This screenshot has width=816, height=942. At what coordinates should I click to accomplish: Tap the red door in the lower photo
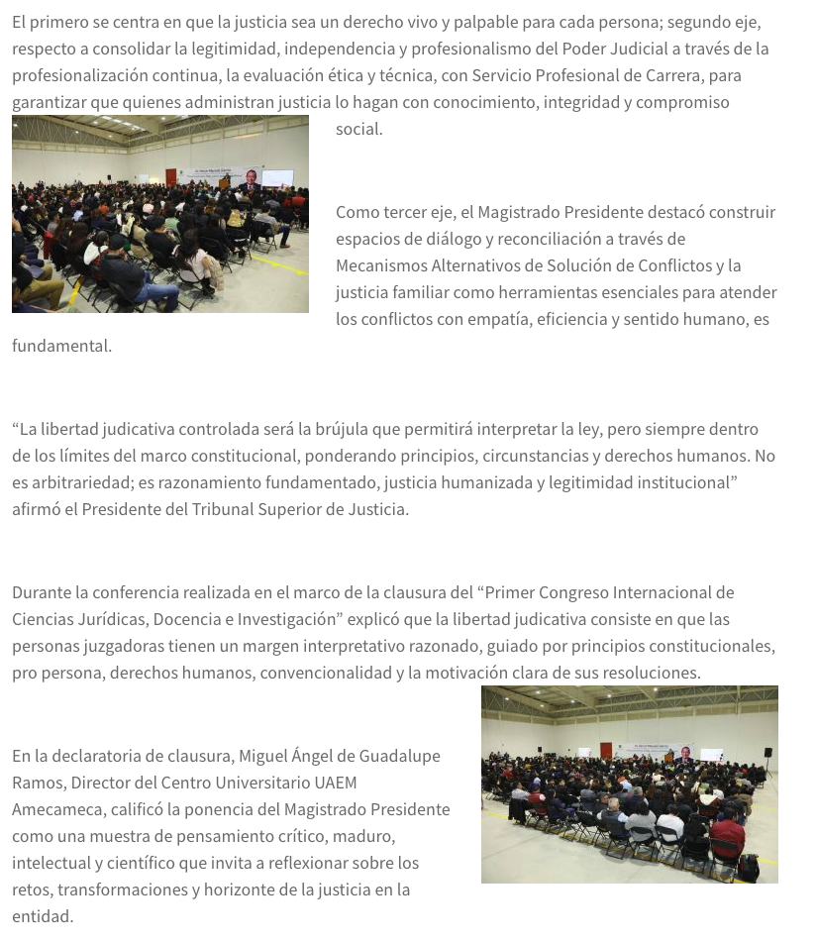(x=605, y=751)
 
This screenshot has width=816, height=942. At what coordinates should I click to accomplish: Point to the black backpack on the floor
(x=748, y=868)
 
